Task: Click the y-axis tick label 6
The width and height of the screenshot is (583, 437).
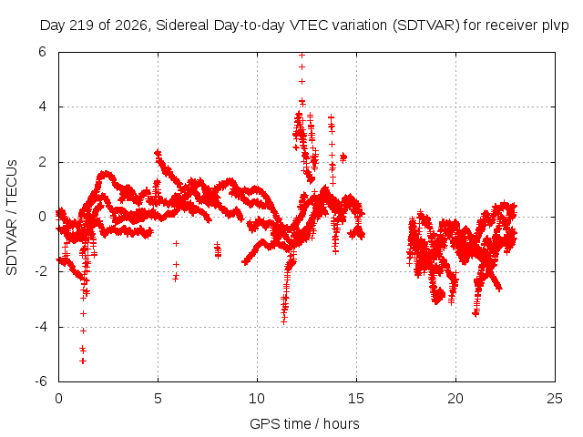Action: click(42, 52)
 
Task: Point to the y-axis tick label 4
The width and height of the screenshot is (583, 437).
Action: click(42, 107)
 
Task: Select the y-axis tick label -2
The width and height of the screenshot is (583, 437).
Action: click(41, 271)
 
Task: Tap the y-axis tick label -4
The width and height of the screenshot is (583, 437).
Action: click(41, 327)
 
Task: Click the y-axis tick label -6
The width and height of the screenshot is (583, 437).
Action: click(41, 381)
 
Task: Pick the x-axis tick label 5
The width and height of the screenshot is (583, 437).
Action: click(158, 399)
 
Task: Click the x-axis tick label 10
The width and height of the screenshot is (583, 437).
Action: click(257, 399)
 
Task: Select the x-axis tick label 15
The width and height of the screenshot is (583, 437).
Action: click(356, 399)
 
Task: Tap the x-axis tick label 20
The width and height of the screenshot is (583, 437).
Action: click(455, 399)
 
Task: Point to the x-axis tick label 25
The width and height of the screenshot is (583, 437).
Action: click(555, 399)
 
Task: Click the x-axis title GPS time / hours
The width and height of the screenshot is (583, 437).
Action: click(304, 424)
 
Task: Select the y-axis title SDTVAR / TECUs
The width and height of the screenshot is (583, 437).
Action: click(12, 218)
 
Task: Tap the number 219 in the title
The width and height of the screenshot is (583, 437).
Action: click(85, 25)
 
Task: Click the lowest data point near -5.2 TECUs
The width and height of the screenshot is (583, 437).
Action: click(83, 361)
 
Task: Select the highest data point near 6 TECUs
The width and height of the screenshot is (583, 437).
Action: click(302, 55)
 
